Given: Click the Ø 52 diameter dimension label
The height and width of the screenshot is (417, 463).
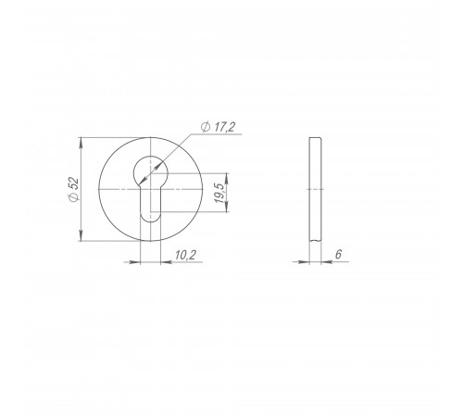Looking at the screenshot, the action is [x=74, y=189].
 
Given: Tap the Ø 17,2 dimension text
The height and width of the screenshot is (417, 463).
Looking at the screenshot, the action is [x=218, y=127].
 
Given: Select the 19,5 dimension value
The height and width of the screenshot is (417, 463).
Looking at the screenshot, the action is [x=219, y=193].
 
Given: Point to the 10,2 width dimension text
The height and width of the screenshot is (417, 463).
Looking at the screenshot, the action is [x=185, y=255].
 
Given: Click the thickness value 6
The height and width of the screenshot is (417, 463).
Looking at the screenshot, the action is [x=339, y=254].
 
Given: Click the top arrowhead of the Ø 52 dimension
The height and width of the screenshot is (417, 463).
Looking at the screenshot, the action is [x=81, y=142].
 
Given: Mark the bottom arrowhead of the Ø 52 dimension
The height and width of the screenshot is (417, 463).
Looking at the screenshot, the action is [x=81, y=235].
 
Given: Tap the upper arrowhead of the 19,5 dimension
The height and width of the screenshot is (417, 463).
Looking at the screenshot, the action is [x=227, y=178].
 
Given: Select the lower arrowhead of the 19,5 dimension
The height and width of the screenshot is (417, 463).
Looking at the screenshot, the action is [x=227, y=207].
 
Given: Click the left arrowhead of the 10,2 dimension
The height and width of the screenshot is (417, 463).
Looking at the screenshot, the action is [x=135, y=262].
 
